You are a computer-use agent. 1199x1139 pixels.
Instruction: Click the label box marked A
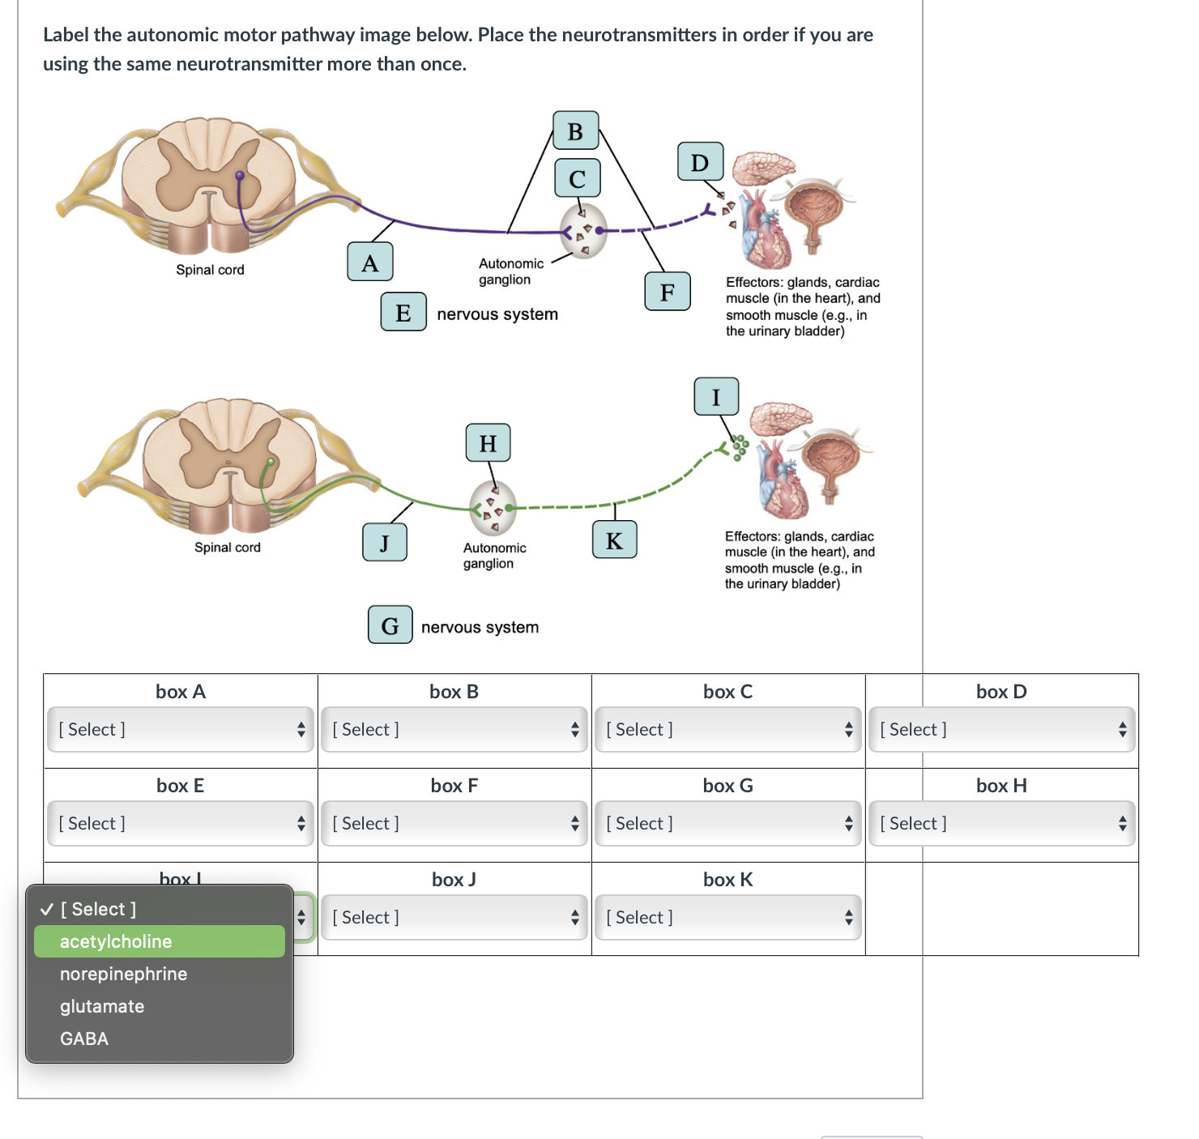(370, 262)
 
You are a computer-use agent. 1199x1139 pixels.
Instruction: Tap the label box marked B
(575, 130)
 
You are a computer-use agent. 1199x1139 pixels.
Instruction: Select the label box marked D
(700, 162)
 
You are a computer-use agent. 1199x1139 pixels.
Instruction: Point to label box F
(667, 292)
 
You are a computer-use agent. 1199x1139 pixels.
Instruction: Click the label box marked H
(488, 442)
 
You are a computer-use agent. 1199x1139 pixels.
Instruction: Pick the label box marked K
(614, 540)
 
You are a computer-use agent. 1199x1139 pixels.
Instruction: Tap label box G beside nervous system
(390, 625)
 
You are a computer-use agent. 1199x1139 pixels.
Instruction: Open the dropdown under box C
(728, 729)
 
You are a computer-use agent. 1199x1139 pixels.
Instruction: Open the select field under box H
(1001, 823)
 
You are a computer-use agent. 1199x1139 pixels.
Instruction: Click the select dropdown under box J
(454, 917)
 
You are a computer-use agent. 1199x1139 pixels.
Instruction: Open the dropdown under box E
(180, 823)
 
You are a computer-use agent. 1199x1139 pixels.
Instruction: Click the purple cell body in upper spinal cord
(240, 175)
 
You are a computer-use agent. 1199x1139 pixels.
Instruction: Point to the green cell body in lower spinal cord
(271, 462)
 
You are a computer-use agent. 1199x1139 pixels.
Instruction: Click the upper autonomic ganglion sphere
(584, 231)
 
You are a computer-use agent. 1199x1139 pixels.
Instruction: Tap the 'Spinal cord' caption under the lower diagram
(228, 548)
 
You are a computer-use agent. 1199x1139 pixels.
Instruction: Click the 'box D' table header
(1001, 691)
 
